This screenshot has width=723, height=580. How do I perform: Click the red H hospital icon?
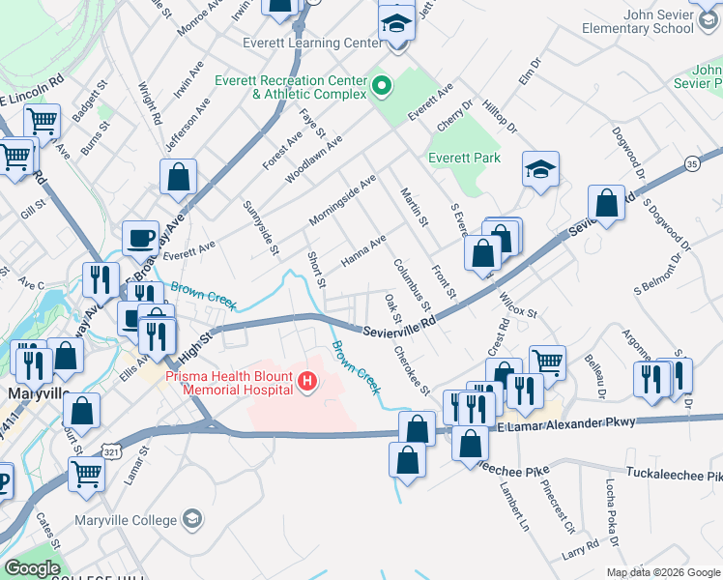pyautogui.click(x=307, y=383)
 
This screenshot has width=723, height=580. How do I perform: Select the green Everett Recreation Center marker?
pyautogui.click(x=381, y=87)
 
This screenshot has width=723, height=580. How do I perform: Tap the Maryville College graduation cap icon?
pyautogui.click(x=192, y=520)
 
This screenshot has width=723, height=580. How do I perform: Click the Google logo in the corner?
pyautogui.click(x=32, y=568)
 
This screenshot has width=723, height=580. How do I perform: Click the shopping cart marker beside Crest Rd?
pyautogui.click(x=547, y=362)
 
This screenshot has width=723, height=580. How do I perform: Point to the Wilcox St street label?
pyautogui.click(x=517, y=305)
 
